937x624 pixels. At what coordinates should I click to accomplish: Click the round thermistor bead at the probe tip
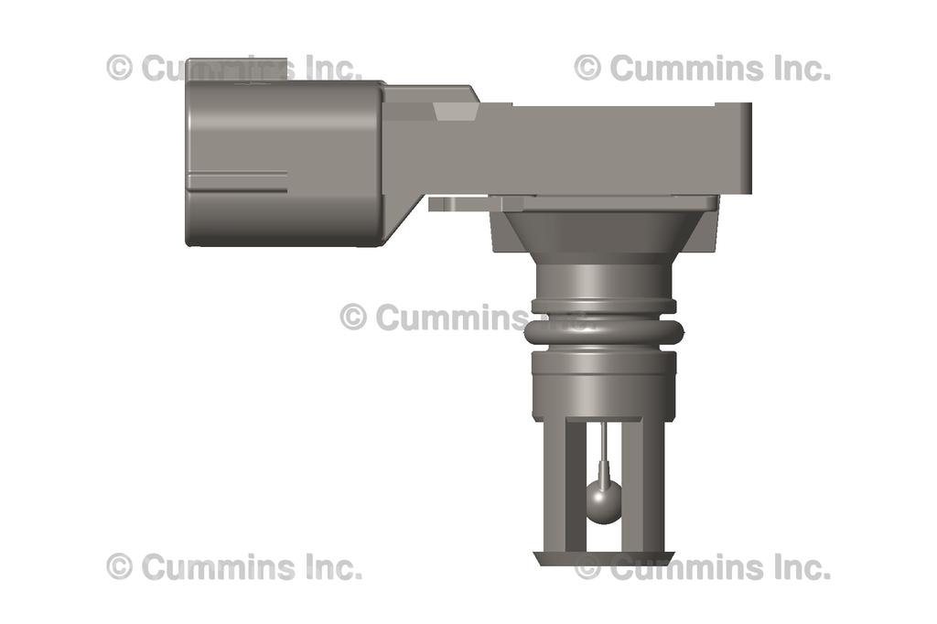point(603,501)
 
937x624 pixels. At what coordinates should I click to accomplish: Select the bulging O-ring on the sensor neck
point(603,333)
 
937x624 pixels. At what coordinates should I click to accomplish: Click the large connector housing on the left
point(284,163)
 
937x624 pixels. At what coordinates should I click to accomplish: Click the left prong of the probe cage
point(555,485)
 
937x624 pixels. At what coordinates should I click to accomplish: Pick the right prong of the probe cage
point(652,485)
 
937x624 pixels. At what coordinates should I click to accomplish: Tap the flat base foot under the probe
point(603,557)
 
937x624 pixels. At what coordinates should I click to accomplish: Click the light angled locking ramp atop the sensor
point(455,112)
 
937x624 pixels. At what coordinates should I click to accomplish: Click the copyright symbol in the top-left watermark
point(120,68)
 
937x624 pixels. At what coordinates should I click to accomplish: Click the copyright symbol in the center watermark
point(353,317)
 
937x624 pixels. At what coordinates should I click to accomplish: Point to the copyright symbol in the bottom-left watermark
point(120,567)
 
